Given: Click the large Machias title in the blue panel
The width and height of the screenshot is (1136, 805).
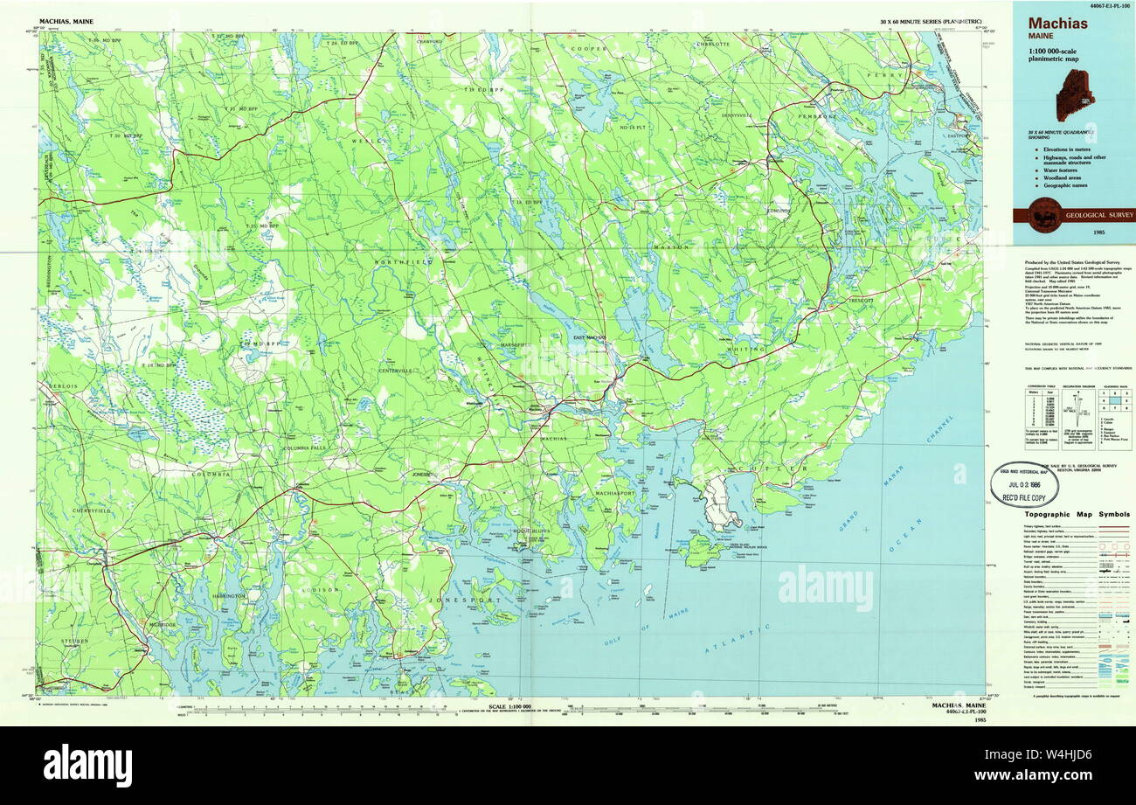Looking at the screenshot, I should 1057,24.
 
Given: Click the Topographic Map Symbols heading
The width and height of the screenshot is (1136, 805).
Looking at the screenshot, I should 1077,515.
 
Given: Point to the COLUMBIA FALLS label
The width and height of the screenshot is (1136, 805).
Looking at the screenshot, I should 308,448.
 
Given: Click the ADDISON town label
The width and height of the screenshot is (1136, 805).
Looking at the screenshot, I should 321,590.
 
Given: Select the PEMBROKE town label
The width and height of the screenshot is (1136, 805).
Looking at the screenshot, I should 815,115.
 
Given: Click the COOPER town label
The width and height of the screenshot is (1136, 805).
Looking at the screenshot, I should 589,49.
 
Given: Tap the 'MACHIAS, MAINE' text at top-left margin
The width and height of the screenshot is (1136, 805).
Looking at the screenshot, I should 66,20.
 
